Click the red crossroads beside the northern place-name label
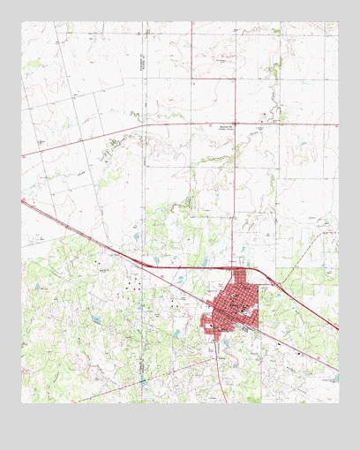(235, 124)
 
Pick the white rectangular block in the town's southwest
(212, 326)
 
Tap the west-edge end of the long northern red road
(22, 155)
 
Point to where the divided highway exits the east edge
(338, 330)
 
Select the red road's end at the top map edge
(193, 22)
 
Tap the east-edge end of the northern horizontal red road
(338, 124)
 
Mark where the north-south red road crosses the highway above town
(235, 266)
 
